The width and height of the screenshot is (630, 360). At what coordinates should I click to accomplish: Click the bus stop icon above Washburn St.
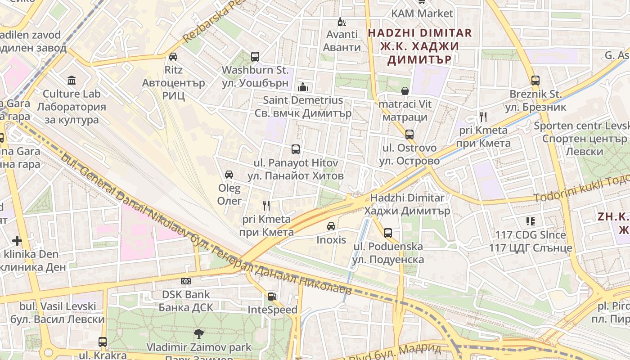click(x=255, y=57)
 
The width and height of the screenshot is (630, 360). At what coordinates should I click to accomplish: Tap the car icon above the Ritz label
click(x=173, y=57)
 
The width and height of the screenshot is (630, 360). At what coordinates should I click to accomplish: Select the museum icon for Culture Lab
click(x=72, y=81)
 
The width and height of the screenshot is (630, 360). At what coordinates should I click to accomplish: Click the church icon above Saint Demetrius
click(x=303, y=86)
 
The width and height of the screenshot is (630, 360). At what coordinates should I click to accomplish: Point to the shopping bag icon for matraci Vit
click(x=405, y=91)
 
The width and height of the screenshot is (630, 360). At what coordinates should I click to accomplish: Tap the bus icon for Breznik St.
click(x=535, y=81)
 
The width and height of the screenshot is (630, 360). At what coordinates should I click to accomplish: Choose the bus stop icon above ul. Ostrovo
click(x=409, y=134)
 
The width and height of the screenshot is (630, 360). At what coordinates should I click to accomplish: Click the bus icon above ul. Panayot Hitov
click(x=296, y=149)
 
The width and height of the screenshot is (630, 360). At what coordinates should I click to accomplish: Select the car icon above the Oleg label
click(x=229, y=175)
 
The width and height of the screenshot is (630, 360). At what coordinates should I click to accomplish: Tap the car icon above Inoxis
click(x=331, y=226)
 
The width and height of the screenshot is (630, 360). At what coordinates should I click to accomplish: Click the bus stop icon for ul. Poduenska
click(x=387, y=233)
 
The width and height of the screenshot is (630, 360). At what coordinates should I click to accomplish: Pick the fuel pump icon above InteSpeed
click(x=272, y=296)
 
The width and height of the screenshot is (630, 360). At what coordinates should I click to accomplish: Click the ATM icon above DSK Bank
click(x=186, y=281)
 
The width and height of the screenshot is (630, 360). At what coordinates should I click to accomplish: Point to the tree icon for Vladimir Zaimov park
click(x=198, y=334)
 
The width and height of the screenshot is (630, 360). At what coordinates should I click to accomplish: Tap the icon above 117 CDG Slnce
click(x=530, y=221)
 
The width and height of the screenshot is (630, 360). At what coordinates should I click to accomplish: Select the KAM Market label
click(x=422, y=13)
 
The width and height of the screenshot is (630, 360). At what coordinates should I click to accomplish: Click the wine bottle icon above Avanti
click(x=342, y=22)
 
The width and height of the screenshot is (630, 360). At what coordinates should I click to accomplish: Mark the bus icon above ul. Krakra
click(x=103, y=342)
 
